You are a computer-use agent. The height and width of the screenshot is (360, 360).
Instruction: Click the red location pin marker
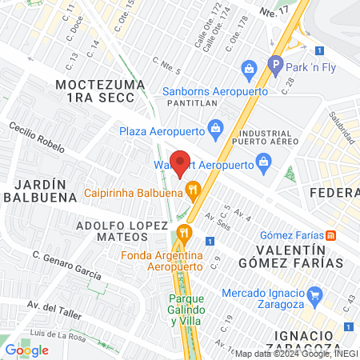click(180, 162)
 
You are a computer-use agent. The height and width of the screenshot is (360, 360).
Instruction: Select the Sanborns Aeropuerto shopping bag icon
click(249, 70)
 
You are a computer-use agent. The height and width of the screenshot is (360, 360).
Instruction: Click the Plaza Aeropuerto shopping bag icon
click(214, 127)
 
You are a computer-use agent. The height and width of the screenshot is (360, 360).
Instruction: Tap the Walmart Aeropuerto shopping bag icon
click(263, 165)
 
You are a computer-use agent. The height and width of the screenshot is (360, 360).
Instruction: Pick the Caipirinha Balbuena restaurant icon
click(192, 190)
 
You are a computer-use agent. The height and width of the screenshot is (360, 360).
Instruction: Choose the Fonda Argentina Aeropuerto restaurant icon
click(185, 233)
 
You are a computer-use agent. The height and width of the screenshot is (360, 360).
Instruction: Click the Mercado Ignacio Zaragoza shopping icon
click(314, 294)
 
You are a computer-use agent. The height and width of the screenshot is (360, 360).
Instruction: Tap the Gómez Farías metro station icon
click(333, 235)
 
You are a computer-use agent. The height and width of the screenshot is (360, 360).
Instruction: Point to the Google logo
click(26, 350)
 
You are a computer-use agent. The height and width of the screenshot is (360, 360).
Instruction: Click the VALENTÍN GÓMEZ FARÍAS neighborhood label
click(301, 255)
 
